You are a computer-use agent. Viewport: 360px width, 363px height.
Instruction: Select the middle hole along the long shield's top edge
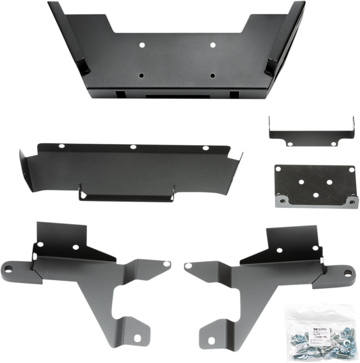(133, 146)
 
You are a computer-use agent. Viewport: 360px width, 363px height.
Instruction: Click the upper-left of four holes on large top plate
(142, 45)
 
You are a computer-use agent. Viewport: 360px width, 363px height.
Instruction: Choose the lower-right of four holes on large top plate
(212, 76)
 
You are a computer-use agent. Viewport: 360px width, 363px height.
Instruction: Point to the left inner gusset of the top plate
(81, 65)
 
